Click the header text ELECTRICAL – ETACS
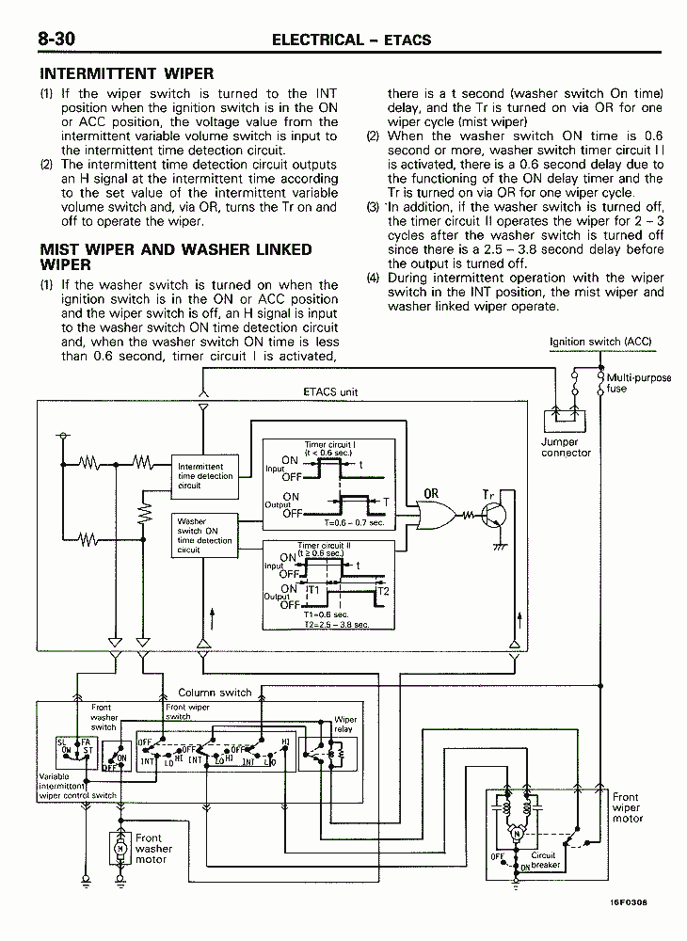351,40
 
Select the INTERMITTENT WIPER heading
127,73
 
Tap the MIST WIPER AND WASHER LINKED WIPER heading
175,257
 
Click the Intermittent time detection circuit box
200,476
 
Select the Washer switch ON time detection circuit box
204,535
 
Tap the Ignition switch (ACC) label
600,343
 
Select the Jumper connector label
566,447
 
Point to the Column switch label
215,693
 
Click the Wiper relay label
344,725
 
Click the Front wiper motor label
626,807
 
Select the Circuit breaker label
545,860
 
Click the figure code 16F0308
628,901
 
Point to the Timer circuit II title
324,545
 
